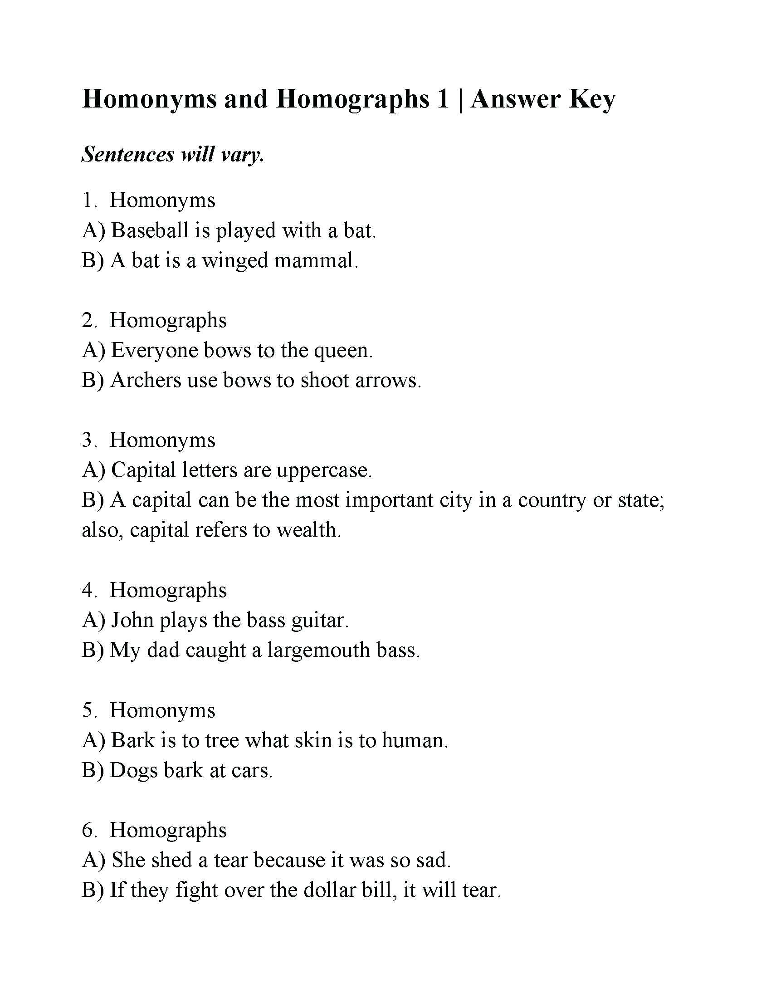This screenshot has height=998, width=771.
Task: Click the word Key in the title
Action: [592, 100]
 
